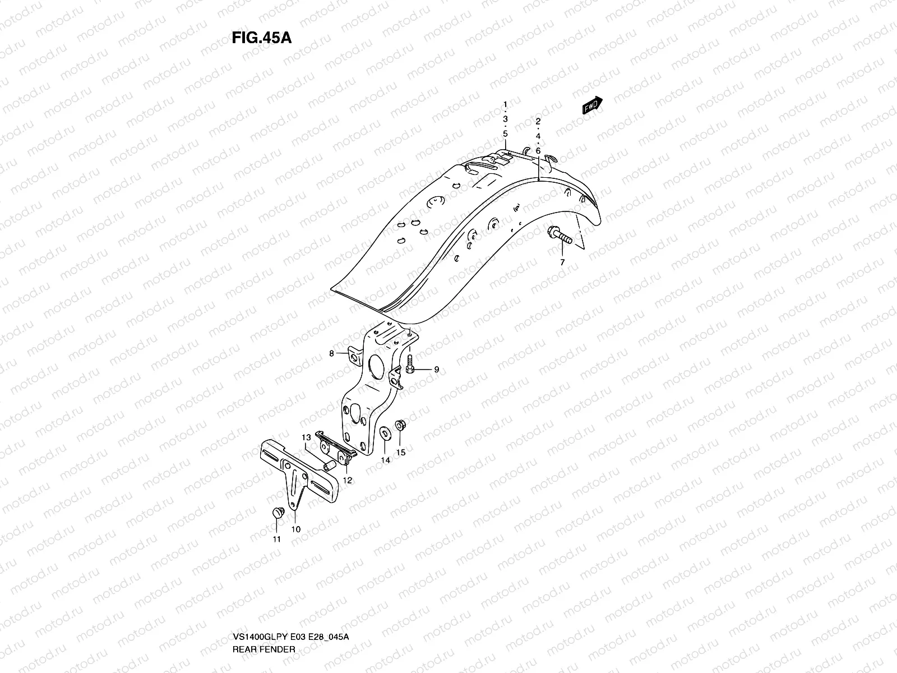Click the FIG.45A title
[x=261, y=38]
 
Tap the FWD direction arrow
[x=592, y=106]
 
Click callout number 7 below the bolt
[x=562, y=262]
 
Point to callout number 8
[x=331, y=353]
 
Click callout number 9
[x=436, y=370]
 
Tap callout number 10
[x=296, y=529]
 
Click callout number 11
[x=276, y=540]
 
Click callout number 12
[x=348, y=481]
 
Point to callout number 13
[x=306, y=437]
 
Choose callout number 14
[x=386, y=460]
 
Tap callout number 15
[x=401, y=452]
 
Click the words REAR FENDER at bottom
[x=263, y=602]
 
